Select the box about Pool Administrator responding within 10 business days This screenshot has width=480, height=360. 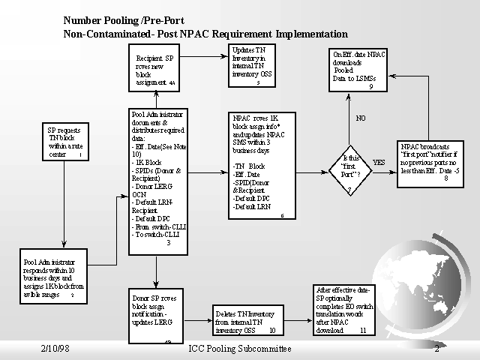point(57,278)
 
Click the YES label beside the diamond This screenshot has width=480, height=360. point(379,162)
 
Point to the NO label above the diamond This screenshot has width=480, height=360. point(361,118)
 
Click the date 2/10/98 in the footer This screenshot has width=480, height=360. point(56,349)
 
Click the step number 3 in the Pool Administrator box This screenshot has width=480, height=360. point(168,242)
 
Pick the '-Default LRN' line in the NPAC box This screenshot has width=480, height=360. point(252,206)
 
